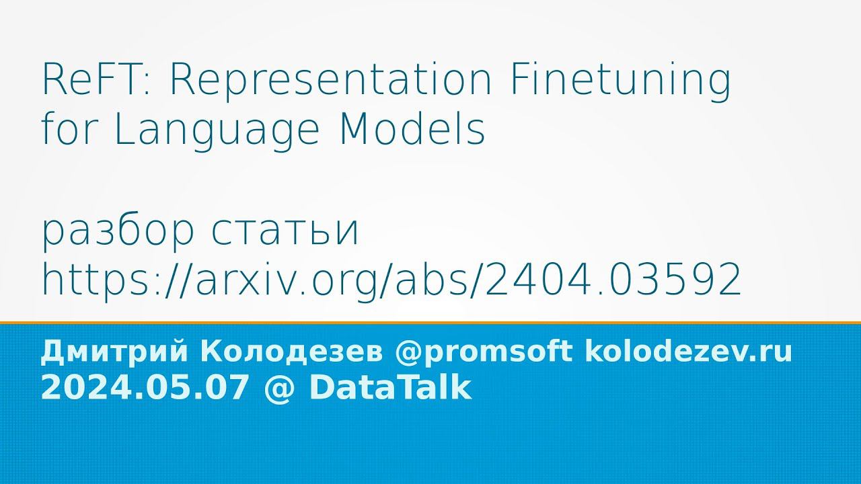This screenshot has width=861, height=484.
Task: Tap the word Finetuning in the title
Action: point(618,82)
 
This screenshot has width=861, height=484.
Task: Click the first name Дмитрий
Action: point(114,352)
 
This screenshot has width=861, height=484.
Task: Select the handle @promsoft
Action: point(484,352)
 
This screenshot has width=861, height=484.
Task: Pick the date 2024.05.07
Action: point(142,388)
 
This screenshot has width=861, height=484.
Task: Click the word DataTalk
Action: point(390,388)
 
